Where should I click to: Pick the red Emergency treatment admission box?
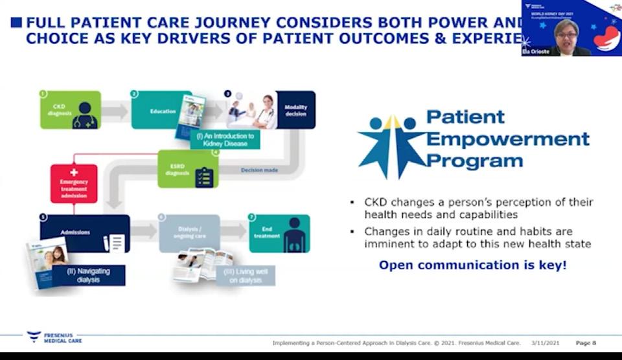tap(74, 183)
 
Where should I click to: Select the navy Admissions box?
tap(84, 233)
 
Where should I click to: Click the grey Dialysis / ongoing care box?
tap(189, 232)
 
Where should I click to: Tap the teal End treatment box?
tap(279, 233)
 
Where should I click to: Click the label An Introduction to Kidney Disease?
tap(225, 139)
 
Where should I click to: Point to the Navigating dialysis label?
tap(89, 275)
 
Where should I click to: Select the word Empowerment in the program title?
tap(507, 139)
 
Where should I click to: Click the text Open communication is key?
tap(472, 265)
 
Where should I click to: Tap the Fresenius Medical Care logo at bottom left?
tap(54, 337)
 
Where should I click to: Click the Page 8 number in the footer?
tap(586, 342)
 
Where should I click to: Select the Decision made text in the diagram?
tap(260, 171)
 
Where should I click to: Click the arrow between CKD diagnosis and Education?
tap(115, 111)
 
